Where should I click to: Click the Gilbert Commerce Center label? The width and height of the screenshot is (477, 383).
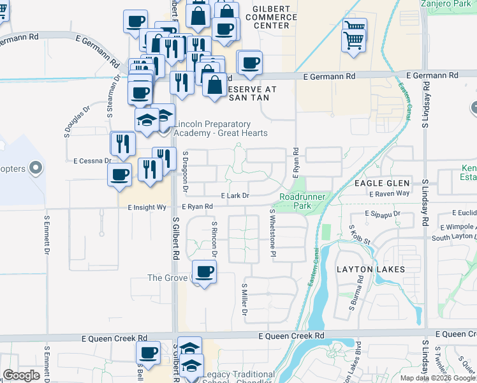pyautogui.click(x=275, y=17)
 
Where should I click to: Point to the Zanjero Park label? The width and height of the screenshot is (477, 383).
pyautogui.click(x=446, y=3)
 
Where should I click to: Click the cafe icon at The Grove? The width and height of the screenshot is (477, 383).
pyautogui.click(x=205, y=273)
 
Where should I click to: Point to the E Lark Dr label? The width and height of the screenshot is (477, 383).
pyautogui.click(x=234, y=195)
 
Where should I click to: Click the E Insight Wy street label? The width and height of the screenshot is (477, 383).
pyautogui.click(x=147, y=207)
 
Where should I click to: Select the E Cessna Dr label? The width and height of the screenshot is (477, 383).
pyautogui.click(x=92, y=161)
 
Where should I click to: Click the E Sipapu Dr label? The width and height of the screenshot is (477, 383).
pyautogui.click(x=382, y=213)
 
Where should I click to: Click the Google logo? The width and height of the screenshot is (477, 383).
pyautogui.click(x=21, y=375)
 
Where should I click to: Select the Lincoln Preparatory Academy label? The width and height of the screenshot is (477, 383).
pyautogui.click(x=221, y=128)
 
